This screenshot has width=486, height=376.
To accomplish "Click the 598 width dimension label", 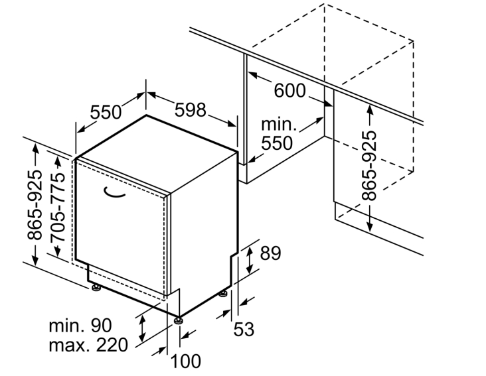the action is point(191,109).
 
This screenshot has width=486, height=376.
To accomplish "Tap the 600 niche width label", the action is point(289,90).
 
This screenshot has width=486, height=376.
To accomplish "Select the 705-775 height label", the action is point(58,208).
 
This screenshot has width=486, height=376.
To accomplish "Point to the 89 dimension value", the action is point(270,253).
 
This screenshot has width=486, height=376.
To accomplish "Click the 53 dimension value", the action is point(244,329).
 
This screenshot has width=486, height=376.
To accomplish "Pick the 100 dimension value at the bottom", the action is point(186,361).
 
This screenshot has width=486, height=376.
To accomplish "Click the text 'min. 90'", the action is point(80,325).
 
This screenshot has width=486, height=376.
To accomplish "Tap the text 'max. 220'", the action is point(88,344).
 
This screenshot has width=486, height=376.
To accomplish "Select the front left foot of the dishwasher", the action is point(96,288).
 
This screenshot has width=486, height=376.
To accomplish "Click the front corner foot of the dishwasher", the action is point(178,320).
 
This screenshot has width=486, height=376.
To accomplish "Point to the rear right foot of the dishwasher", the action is point(223,293).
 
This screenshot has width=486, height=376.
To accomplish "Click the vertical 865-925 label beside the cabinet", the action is point(369,166).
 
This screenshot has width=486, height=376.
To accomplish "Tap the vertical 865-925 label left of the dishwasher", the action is point(34,205).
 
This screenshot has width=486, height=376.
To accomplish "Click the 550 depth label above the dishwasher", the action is point(106,111).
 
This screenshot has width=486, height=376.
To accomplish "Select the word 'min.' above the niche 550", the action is point(279,124).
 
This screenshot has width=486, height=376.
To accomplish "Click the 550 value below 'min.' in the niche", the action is point(277,143).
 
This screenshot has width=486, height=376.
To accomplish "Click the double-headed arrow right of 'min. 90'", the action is point(142,328).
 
